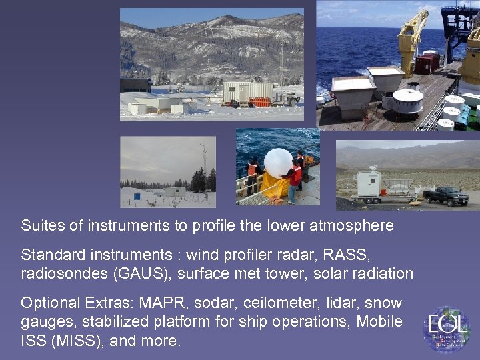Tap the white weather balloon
[278, 163]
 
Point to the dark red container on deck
[427, 63]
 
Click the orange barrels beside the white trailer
[259, 102]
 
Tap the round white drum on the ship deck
[407, 101]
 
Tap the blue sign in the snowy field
[137, 196]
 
